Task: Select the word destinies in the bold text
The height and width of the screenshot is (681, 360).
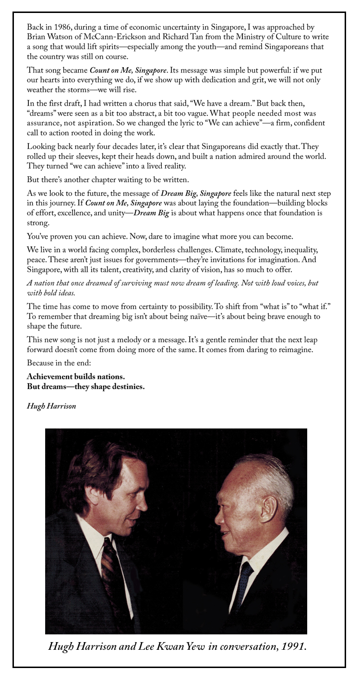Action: pos(126,387)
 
